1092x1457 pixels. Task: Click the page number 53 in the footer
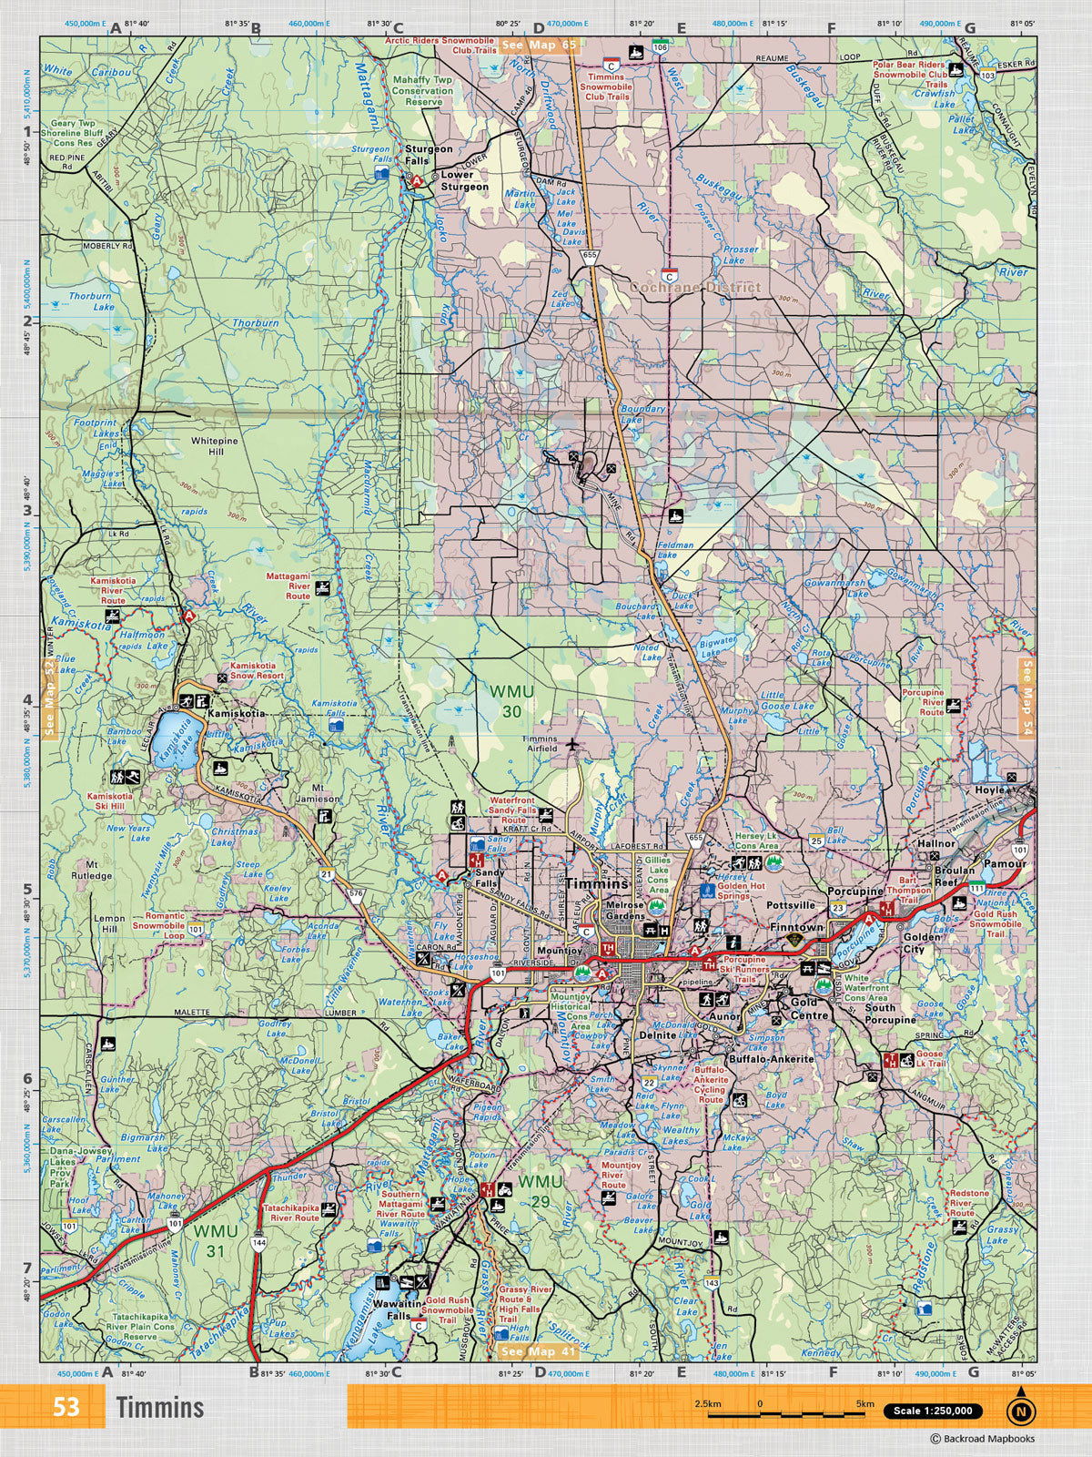click(x=66, y=1407)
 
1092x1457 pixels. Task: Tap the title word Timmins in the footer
click(x=160, y=1407)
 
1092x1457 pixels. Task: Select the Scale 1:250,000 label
click(x=932, y=1411)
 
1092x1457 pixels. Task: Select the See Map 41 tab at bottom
click(x=539, y=1351)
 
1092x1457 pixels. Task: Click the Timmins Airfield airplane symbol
click(x=572, y=744)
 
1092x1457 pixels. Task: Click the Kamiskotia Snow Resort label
click(x=257, y=671)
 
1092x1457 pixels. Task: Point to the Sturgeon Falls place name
click(x=429, y=154)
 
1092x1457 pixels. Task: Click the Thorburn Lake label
click(x=90, y=301)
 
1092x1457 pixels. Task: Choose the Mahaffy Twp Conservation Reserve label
click(x=422, y=91)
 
